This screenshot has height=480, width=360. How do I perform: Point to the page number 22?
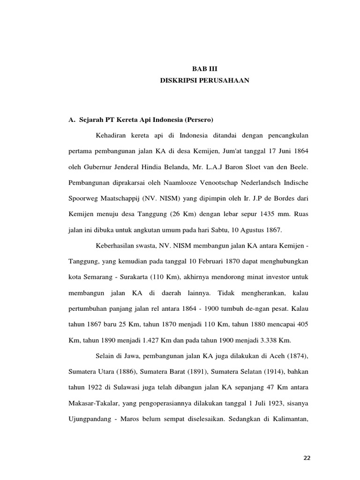[x=307, y=458]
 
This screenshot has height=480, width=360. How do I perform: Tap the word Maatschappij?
[x=119, y=199]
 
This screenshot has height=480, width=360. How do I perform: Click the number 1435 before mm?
[x=253, y=214]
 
